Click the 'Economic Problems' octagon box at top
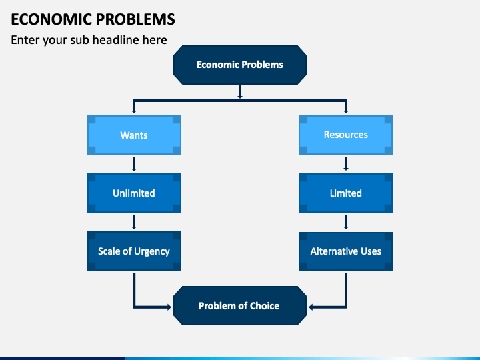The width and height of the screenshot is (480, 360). pos(240,65)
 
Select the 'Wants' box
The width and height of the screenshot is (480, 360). pos(134,135)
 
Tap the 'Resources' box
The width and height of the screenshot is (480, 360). pos(345,135)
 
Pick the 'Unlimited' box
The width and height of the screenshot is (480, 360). pos(134,193)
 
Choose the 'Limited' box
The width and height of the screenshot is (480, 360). pos(345,193)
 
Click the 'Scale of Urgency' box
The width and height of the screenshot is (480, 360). pos(134,251)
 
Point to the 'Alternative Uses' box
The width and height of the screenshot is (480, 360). pos(345,251)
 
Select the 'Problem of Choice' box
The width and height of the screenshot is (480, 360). pos(240,305)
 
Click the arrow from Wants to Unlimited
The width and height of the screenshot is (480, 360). pos(134,164)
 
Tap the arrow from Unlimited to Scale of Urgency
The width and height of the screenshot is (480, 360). pos(134,222)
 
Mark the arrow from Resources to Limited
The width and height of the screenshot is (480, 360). pos(346,163)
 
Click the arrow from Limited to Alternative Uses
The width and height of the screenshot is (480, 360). pos(346,222)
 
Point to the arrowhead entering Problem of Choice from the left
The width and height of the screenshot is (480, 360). pos(169,307)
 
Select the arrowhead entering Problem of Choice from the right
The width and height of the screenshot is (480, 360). pos(311,307)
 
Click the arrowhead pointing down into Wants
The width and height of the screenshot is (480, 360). pos(134,111)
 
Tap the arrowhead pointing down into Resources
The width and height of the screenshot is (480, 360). pos(346,111)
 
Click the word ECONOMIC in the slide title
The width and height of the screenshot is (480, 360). pos(51,19)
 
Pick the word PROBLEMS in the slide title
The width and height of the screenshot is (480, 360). pos(135,19)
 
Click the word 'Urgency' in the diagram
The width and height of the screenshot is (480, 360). pos(152,251)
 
